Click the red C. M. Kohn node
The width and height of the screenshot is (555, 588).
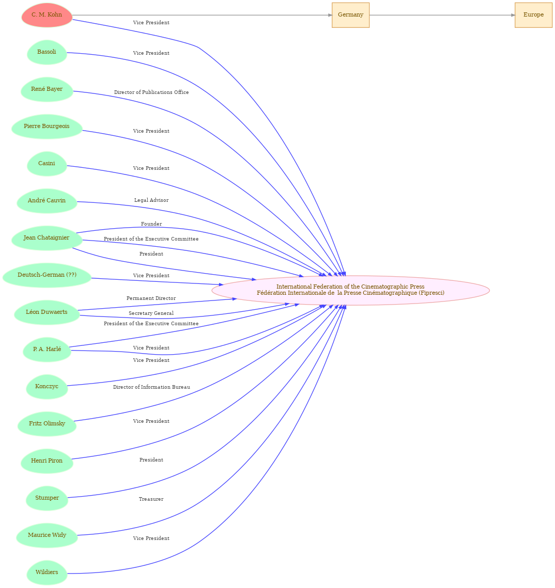point(47,15)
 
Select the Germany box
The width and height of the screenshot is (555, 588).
point(350,15)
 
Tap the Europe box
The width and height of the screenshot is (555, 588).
point(533,15)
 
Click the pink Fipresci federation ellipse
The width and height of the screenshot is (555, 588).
point(350,290)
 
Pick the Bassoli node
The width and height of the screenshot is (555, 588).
point(47,52)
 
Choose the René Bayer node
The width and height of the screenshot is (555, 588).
point(47,89)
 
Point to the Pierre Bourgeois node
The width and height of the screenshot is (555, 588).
point(47,126)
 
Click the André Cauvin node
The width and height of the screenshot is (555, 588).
point(47,201)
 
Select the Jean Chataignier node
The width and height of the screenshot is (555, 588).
point(47,238)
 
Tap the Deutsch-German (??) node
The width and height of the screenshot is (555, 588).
point(47,275)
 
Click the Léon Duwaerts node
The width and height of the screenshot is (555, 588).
point(47,312)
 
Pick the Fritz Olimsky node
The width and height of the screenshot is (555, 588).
point(47,423)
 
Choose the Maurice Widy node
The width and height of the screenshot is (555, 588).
point(47,535)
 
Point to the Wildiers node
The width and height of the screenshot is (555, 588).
point(47,572)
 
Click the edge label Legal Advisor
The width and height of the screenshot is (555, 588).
point(151,200)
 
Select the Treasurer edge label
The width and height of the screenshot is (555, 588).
point(151,499)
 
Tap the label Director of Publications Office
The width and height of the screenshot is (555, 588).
point(151,92)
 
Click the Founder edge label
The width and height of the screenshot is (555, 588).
point(151,224)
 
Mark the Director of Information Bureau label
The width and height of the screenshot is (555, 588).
point(151,387)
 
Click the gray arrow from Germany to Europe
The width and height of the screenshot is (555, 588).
point(442,15)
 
